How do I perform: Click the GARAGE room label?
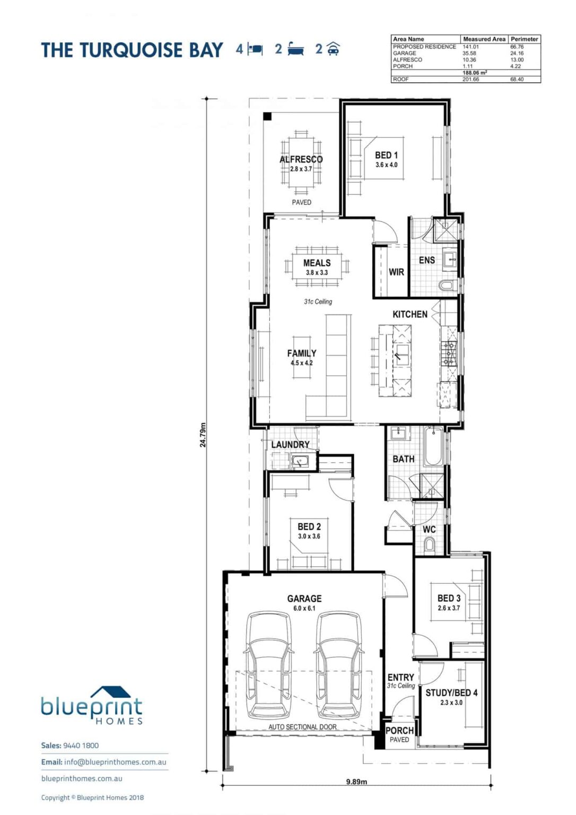[304, 599]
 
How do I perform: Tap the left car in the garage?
[269, 666]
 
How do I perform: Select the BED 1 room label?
[386, 155]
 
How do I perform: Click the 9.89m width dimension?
[356, 781]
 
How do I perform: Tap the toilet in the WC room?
[429, 544]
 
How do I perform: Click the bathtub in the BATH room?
[433, 446]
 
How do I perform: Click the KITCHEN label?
[409, 314]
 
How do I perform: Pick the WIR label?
[396, 272]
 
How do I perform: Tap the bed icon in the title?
[256, 49]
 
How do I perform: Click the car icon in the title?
[333, 49]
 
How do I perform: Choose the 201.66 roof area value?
[470, 80]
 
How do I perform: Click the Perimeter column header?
[524, 39]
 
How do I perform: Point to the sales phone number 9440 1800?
[81, 745]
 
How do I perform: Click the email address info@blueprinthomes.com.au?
[115, 762]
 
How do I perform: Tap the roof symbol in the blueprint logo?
[110, 692]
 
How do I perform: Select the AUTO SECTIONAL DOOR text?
[302, 727]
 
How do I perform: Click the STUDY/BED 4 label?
[451, 693]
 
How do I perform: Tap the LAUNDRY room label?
[290, 445]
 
